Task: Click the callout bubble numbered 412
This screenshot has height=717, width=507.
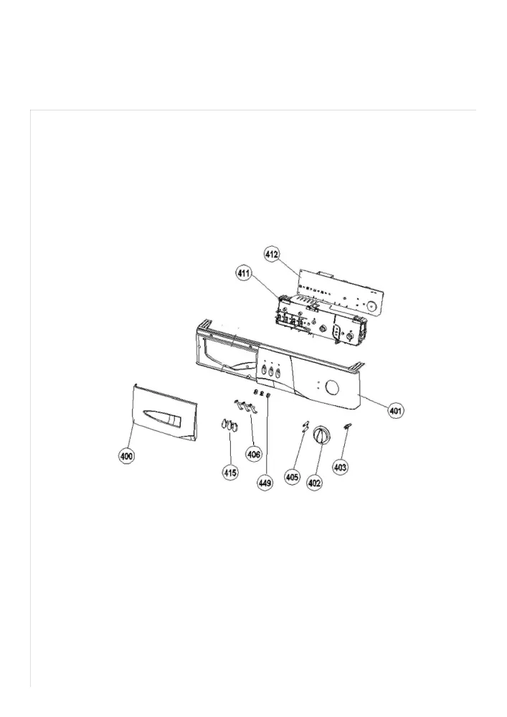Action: coord(272,255)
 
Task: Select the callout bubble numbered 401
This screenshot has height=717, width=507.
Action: coord(395,411)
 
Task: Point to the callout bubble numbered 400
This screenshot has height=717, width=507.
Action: coord(126,455)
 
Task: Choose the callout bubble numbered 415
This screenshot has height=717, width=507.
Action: coord(230,473)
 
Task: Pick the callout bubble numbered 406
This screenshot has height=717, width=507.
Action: coord(254,454)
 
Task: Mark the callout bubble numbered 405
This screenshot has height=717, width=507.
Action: coord(292,478)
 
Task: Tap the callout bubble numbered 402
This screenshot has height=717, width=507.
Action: coord(314,482)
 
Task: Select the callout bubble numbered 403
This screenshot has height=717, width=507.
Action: coord(340,467)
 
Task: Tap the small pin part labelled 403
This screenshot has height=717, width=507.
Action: coord(347,426)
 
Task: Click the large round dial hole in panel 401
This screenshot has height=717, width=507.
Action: coord(331,388)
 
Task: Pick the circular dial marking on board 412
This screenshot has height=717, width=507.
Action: coord(371,305)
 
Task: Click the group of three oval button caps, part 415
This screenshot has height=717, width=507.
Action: coord(229,424)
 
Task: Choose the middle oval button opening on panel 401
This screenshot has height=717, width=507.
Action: coord(271,371)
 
